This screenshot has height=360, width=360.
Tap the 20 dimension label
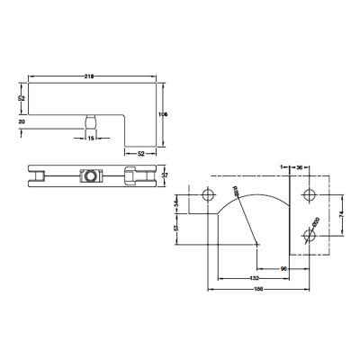pyautogui.click(x=21, y=119)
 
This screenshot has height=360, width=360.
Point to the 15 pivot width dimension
pyautogui.click(x=90, y=139)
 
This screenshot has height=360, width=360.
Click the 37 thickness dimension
pyautogui.click(x=166, y=175)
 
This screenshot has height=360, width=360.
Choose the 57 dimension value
pyautogui.click(x=177, y=229)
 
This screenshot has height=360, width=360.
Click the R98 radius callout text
pyautogui.click(x=237, y=193)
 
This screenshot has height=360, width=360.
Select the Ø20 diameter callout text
pyautogui.click(x=317, y=222)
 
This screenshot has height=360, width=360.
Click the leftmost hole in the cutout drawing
pyautogui.click(x=208, y=196)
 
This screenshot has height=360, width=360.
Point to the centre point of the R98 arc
pyautogui.click(x=258, y=243)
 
